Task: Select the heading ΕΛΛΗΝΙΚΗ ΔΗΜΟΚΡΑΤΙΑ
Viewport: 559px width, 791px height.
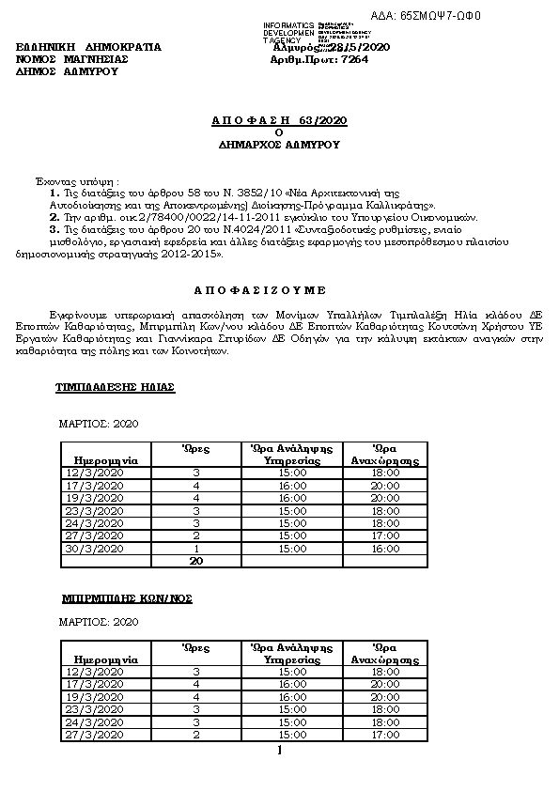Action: [x=89, y=46]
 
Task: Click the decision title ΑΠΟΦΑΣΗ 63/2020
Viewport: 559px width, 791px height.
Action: [x=279, y=121]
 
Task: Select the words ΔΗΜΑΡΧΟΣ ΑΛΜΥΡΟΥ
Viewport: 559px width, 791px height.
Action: [x=279, y=146]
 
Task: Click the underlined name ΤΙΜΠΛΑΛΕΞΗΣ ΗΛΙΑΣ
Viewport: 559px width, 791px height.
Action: [x=116, y=387]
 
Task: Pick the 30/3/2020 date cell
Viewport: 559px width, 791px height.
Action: [x=98, y=549]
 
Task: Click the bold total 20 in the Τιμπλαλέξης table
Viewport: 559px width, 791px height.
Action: [x=196, y=561]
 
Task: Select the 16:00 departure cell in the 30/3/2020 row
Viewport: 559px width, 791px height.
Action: [x=384, y=549]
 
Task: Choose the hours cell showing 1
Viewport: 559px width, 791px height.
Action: [x=196, y=549]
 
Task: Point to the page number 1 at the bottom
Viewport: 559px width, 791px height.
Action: [x=279, y=752]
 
